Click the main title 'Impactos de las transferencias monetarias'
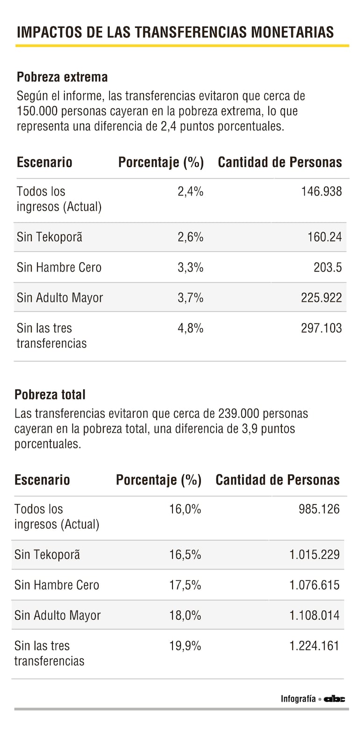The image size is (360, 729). (x=175, y=32)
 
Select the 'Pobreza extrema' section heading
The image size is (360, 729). (x=62, y=77)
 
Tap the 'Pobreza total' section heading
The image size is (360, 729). (x=50, y=394)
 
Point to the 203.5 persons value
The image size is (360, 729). (x=328, y=267)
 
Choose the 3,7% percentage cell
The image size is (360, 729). (x=190, y=297)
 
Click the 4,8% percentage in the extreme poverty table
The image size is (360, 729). (x=190, y=328)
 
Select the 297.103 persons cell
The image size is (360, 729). (x=321, y=328)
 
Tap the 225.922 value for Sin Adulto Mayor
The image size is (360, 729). (x=321, y=297)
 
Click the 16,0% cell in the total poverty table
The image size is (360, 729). (x=185, y=509)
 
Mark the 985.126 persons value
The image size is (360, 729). (x=319, y=509)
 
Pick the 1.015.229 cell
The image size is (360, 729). (x=314, y=555)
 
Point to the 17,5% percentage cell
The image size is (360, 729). (x=185, y=585)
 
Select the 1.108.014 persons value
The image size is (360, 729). (x=314, y=615)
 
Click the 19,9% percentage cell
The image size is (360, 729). (x=185, y=646)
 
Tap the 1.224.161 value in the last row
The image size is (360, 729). (x=314, y=646)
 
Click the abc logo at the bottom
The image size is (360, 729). (x=335, y=699)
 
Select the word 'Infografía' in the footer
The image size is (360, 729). (x=298, y=699)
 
